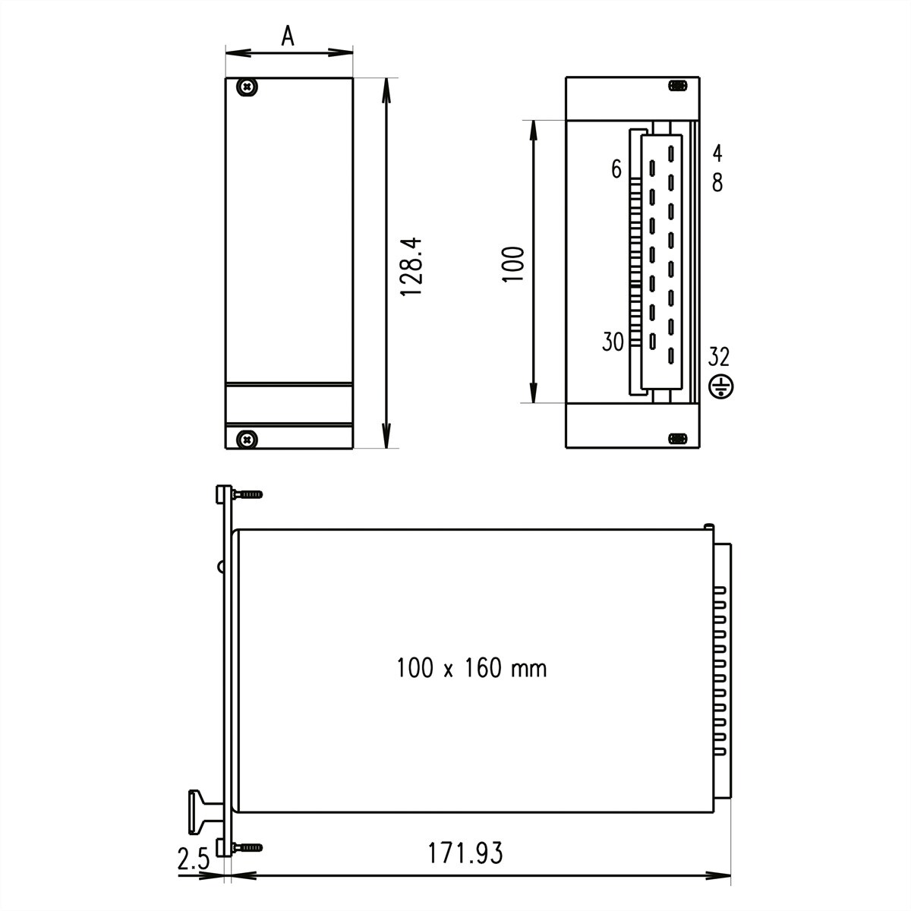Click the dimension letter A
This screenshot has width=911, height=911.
[287, 36]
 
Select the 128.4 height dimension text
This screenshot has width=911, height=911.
[410, 266]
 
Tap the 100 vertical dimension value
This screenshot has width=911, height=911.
[514, 263]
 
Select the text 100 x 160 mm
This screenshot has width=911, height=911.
[471, 668]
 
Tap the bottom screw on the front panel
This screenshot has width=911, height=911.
[247, 438]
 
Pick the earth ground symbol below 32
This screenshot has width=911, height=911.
[720, 387]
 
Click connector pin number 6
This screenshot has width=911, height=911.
[616, 169]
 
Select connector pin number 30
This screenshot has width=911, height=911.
[613, 342]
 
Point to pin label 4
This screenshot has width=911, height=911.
[717, 153]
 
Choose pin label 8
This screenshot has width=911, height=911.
[717, 182]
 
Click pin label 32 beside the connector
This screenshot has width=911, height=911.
[719, 355]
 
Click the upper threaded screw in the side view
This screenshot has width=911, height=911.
[248, 494]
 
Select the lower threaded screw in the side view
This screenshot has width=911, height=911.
[248, 846]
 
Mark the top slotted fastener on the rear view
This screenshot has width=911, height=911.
[677, 86]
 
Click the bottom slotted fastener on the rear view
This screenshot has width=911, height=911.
[677, 439]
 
